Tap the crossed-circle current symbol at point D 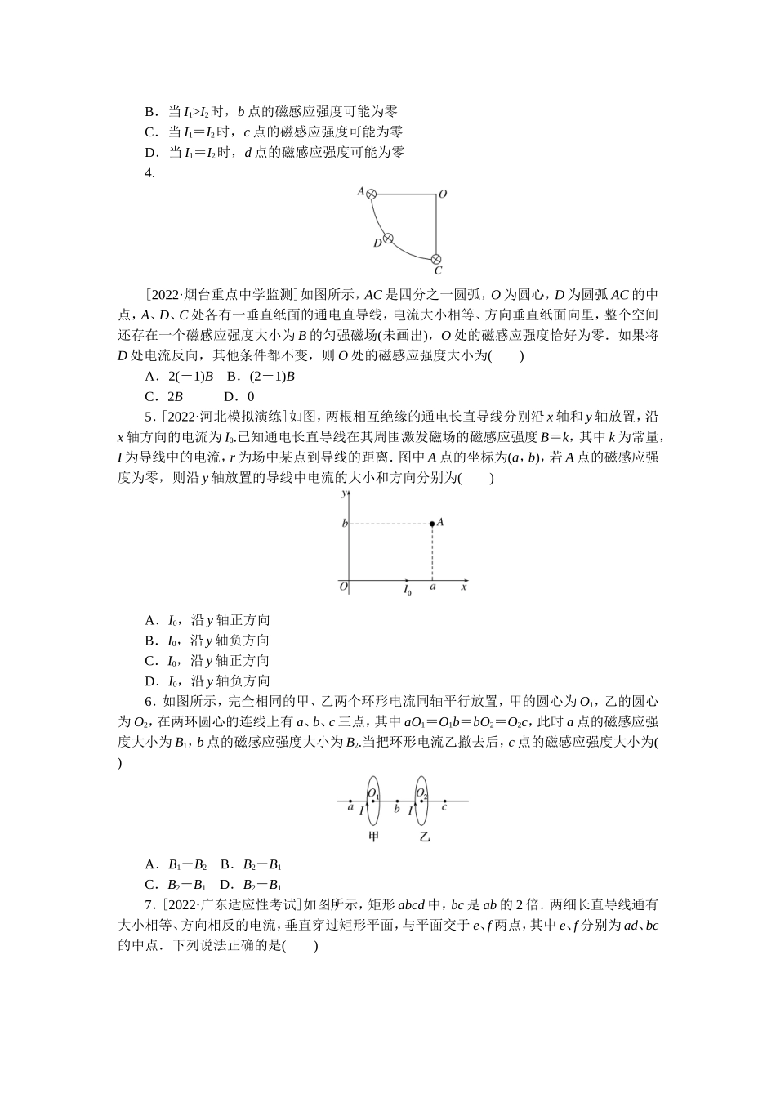pos(389,239)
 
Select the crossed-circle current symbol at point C pos(436,259)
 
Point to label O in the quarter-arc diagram pos(443,194)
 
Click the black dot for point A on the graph pos(432,523)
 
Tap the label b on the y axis pos(344,523)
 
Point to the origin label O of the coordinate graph pos(343,587)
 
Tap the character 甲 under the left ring pos(374,837)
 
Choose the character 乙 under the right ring pos(424,837)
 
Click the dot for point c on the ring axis pos(444,801)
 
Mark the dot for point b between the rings pos(397,801)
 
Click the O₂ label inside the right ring pos(422,793)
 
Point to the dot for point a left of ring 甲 pos(350,801)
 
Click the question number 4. pos(149,172)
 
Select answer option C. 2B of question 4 pos(163,396)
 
